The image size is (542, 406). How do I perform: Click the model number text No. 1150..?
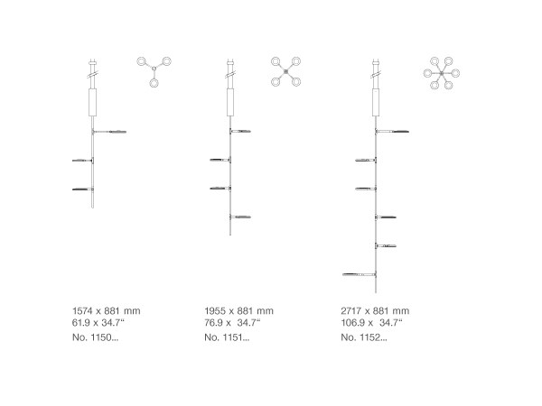point(95,337)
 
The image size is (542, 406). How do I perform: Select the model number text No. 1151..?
point(227,337)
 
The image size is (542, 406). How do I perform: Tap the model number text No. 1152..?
point(364,337)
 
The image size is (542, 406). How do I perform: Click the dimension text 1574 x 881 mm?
point(107,310)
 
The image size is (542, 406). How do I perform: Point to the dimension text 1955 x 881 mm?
point(238,310)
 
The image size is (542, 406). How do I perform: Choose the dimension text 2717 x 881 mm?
point(375,310)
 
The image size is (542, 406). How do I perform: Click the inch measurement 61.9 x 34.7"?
point(98,323)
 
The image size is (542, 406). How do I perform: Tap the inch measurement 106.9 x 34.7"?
point(372,323)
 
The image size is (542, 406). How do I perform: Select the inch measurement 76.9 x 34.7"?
point(232,323)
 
